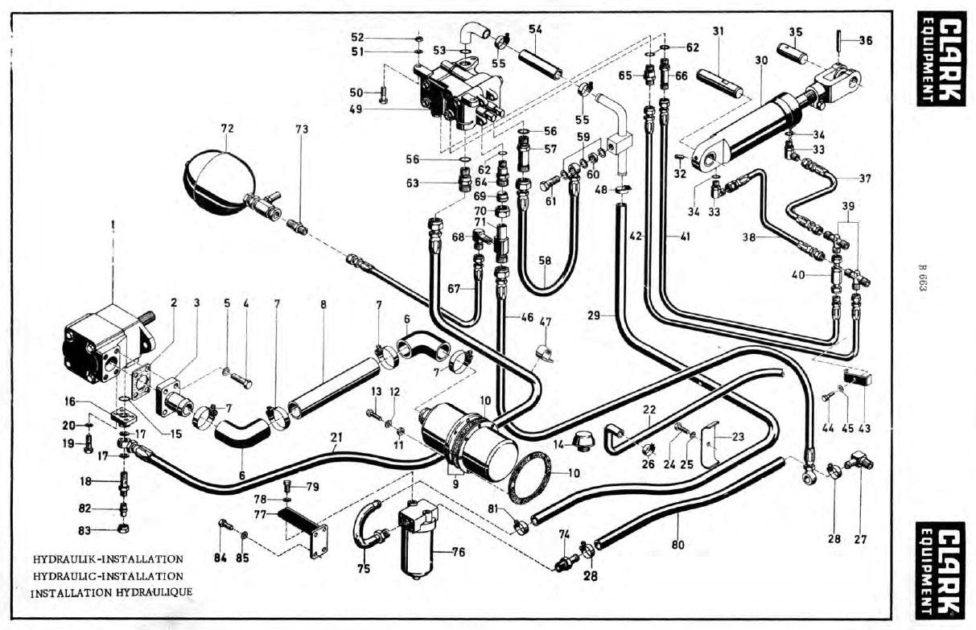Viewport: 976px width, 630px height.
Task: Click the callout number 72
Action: pos(228,129)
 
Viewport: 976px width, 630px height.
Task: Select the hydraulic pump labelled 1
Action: pos(109,344)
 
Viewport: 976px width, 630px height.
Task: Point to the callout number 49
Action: pos(356,109)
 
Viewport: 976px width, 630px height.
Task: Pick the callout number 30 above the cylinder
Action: pos(761,60)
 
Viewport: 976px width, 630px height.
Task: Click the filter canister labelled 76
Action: pos(418,539)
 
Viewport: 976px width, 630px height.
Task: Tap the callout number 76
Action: pos(459,553)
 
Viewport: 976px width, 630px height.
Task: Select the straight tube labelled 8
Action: pos(333,388)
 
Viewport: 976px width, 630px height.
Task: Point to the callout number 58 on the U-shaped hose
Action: pos(545,261)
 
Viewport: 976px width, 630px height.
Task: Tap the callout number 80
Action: pos(678,545)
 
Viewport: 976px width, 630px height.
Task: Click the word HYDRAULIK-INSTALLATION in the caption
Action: pos(109,559)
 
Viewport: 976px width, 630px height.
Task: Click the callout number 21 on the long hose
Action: pos(336,437)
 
